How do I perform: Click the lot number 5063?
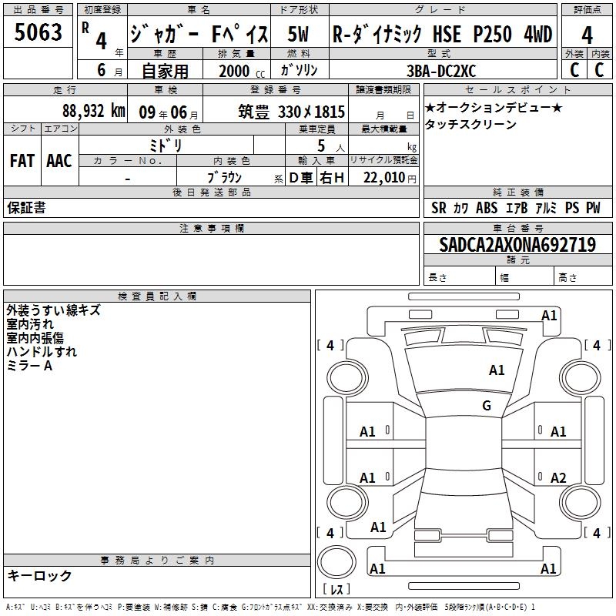[38, 32]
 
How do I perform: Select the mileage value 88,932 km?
[94, 111]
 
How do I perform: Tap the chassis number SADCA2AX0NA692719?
[517, 245]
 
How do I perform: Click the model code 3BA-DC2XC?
[441, 71]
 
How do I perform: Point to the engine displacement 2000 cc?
[242, 71]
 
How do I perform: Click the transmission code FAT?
[22, 161]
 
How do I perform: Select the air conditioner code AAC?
[59, 161]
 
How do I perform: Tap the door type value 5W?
[298, 34]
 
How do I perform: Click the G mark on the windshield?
[487, 406]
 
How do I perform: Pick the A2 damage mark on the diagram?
[558, 477]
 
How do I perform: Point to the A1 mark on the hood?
[497, 370]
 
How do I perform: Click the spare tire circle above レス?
[336, 561]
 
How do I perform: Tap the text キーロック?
[39, 575]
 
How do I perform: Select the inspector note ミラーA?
[29, 366]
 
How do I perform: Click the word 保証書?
[26, 207]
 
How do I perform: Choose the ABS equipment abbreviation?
[487, 208]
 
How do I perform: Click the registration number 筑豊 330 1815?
[291, 112]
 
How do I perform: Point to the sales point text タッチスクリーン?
[470, 125]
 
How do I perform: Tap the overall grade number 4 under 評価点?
[587, 35]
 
